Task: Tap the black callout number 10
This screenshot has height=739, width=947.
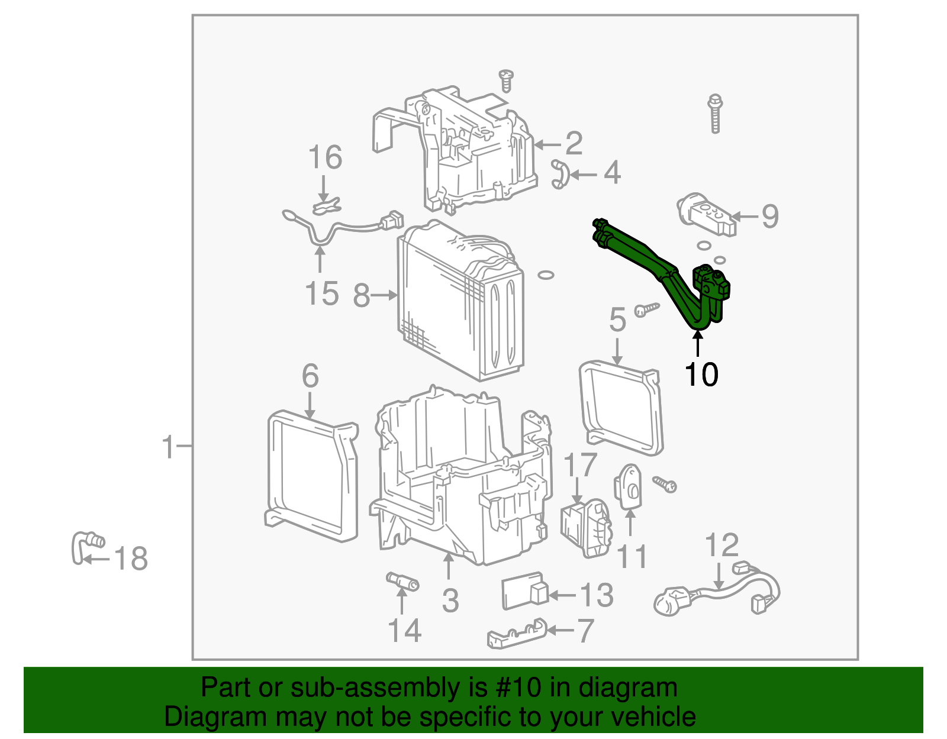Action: coord(701,375)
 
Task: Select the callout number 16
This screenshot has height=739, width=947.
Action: coord(325,158)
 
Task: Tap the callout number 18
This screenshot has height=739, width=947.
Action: coord(131,559)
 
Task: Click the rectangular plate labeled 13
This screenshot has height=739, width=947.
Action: coord(524,591)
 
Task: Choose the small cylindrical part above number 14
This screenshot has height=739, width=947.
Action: coord(402,581)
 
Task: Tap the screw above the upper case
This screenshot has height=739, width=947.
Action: coord(506,80)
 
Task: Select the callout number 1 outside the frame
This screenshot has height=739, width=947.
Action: coord(169,447)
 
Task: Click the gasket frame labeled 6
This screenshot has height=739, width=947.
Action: coord(312,476)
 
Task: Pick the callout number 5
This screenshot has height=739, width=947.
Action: coord(617,320)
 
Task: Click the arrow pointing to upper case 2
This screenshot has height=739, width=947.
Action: coord(548,144)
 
